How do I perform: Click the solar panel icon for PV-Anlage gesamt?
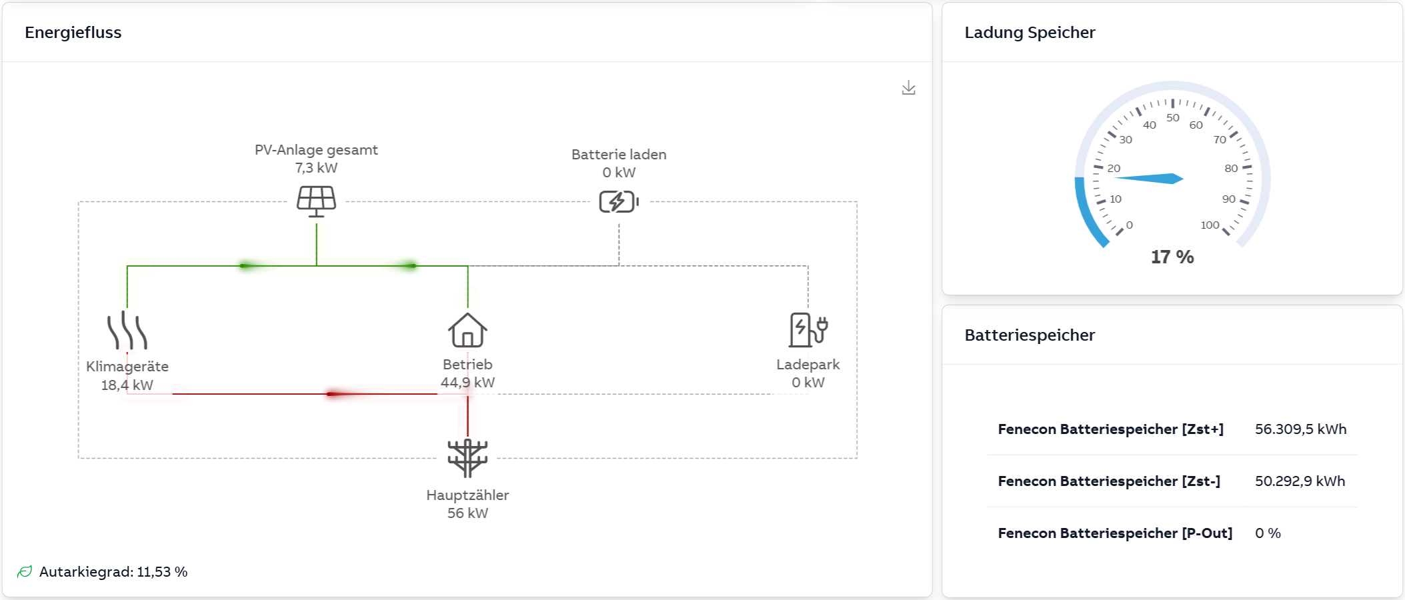click(x=316, y=201)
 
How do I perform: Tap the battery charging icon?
click(x=618, y=201)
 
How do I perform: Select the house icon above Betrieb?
click(x=467, y=330)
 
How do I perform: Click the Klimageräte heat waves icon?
click(x=127, y=331)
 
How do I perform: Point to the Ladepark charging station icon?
click(x=808, y=330)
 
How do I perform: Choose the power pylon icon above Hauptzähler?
click(x=467, y=458)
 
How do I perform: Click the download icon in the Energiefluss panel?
click(x=908, y=88)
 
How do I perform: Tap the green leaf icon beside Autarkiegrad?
click(x=25, y=572)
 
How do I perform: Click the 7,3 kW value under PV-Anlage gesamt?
click(x=316, y=168)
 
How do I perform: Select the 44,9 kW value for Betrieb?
click(x=467, y=383)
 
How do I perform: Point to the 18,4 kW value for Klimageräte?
click(x=127, y=385)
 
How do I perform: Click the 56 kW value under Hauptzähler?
click(x=467, y=513)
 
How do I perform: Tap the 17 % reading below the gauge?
click(x=1172, y=257)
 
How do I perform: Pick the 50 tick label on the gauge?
click(x=1173, y=118)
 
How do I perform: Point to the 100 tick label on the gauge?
click(x=1210, y=225)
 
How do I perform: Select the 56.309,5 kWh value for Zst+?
click(x=1300, y=429)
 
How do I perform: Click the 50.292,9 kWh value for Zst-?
click(x=1300, y=481)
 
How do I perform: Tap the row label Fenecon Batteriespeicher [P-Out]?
click(x=1115, y=533)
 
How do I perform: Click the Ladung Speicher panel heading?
click(x=1030, y=33)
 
